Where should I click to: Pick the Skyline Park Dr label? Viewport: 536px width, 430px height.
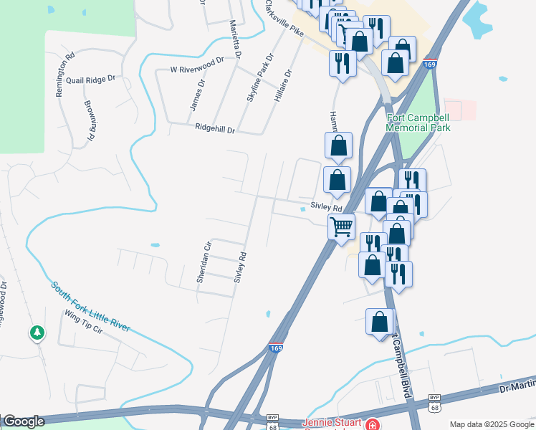point(259,77)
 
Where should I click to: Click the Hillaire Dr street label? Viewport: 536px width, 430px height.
point(284,85)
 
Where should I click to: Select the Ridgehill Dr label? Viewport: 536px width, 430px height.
point(215,129)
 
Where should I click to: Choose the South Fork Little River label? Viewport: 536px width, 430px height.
point(90,306)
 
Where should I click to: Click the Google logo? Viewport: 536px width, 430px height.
point(23,421)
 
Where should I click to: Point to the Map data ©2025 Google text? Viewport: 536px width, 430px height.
point(491,424)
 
